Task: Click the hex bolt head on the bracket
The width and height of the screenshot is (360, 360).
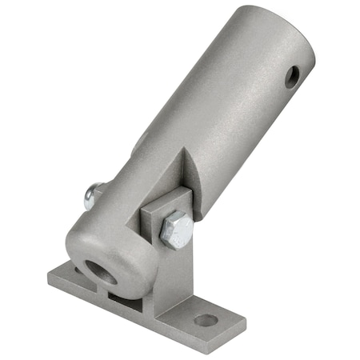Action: [175, 231]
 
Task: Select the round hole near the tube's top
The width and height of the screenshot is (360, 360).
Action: [293, 77]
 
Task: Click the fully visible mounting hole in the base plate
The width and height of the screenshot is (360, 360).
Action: [206, 320]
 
